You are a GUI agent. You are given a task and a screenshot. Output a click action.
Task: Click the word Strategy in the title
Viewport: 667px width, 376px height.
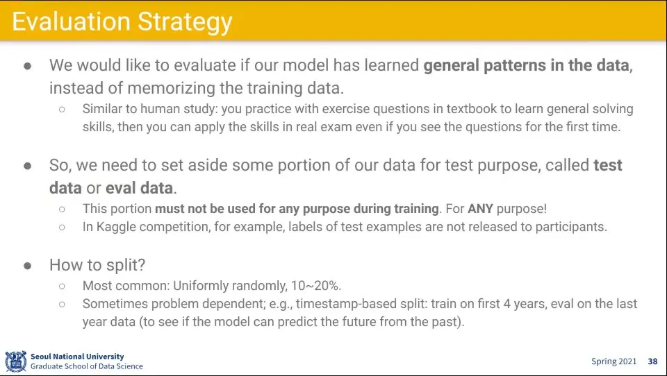(x=185, y=22)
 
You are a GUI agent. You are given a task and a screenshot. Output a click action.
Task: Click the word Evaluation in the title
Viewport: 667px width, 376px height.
(x=71, y=22)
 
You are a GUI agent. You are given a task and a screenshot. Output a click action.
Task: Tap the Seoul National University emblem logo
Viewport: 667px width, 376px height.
(x=16, y=361)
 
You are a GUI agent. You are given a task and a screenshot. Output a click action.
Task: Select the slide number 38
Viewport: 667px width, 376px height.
(x=652, y=361)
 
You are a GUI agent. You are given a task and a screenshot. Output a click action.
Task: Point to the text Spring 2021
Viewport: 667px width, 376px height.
(x=614, y=361)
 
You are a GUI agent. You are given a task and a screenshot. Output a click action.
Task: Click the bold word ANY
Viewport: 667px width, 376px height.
(x=480, y=209)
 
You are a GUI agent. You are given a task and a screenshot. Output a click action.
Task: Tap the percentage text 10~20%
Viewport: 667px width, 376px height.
(x=316, y=286)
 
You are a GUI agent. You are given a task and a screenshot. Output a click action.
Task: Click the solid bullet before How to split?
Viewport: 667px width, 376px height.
(x=28, y=266)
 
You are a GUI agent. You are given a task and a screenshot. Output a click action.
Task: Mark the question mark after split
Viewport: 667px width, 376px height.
(x=142, y=265)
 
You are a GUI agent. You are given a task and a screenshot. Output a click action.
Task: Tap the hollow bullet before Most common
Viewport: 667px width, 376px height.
(x=62, y=286)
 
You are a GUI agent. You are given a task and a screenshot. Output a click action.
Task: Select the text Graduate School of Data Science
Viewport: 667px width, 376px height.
(x=87, y=366)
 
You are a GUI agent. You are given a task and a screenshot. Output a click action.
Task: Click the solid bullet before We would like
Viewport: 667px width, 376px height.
(x=28, y=66)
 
